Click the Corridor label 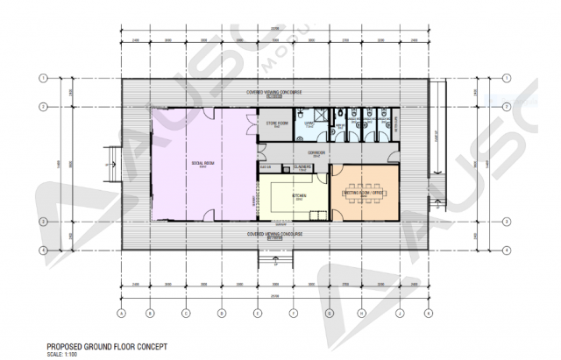[x=317, y=153]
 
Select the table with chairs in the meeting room [x=366, y=189]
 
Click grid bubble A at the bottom [x=121, y=313]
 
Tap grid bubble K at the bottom [x=427, y=313]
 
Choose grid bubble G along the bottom [x=329, y=313]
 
